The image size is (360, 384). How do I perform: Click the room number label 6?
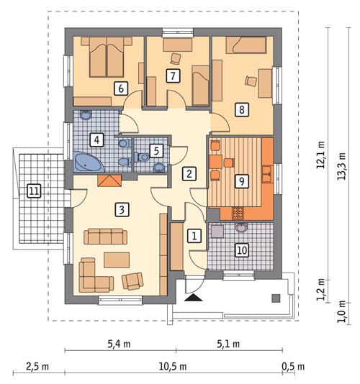click(120, 88)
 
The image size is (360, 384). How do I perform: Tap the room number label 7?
click(172, 76)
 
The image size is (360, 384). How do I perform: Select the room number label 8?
click(241, 110)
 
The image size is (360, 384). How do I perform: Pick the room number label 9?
click(241, 180)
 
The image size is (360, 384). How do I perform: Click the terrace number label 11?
click(32, 191)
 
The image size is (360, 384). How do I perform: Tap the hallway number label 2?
click(189, 173)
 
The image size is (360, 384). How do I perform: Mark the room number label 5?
click(155, 151)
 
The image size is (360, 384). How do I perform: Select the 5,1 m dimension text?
click(228, 343)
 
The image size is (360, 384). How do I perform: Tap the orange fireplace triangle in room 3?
click(109, 182)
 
